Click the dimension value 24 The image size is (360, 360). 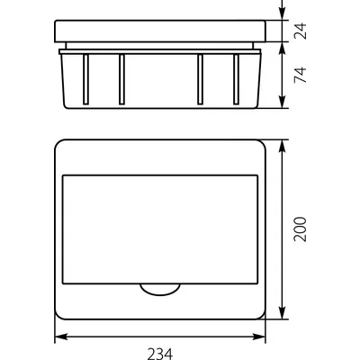[303, 33]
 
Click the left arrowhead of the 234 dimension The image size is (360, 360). [58, 338]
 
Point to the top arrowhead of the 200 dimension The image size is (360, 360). [285, 144]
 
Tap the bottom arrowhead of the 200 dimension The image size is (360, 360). [285, 318]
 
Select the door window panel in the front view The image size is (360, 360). [159, 229]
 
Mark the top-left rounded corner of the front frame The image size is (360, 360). [59, 144]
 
